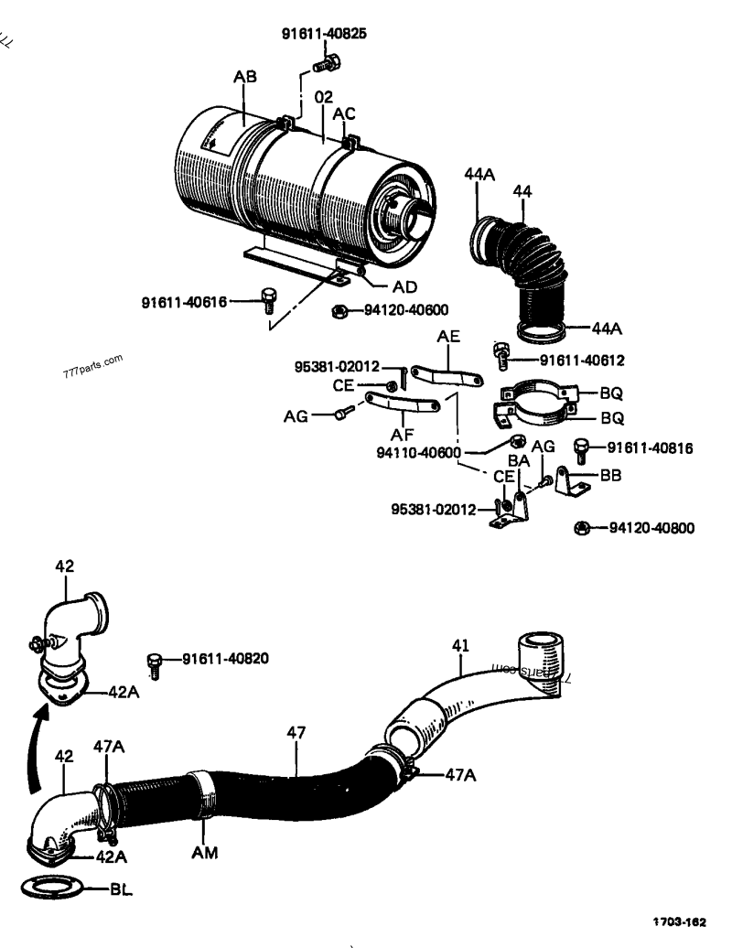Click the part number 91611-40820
pyautogui.click(x=225, y=658)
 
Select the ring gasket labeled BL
pyautogui.click(x=55, y=888)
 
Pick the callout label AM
pyautogui.click(x=205, y=854)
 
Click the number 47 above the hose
pyautogui.click(x=296, y=732)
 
